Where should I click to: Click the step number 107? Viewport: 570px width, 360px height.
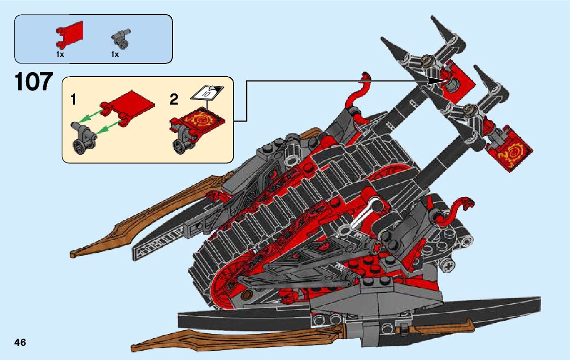[33, 82]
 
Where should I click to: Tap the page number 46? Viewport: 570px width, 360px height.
[20, 342]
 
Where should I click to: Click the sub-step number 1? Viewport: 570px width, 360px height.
[74, 100]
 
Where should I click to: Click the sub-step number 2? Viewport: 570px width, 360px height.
[174, 100]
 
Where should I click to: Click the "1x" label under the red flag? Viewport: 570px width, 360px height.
[60, 54]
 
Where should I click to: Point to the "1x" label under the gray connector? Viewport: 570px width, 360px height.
[115, 54]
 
